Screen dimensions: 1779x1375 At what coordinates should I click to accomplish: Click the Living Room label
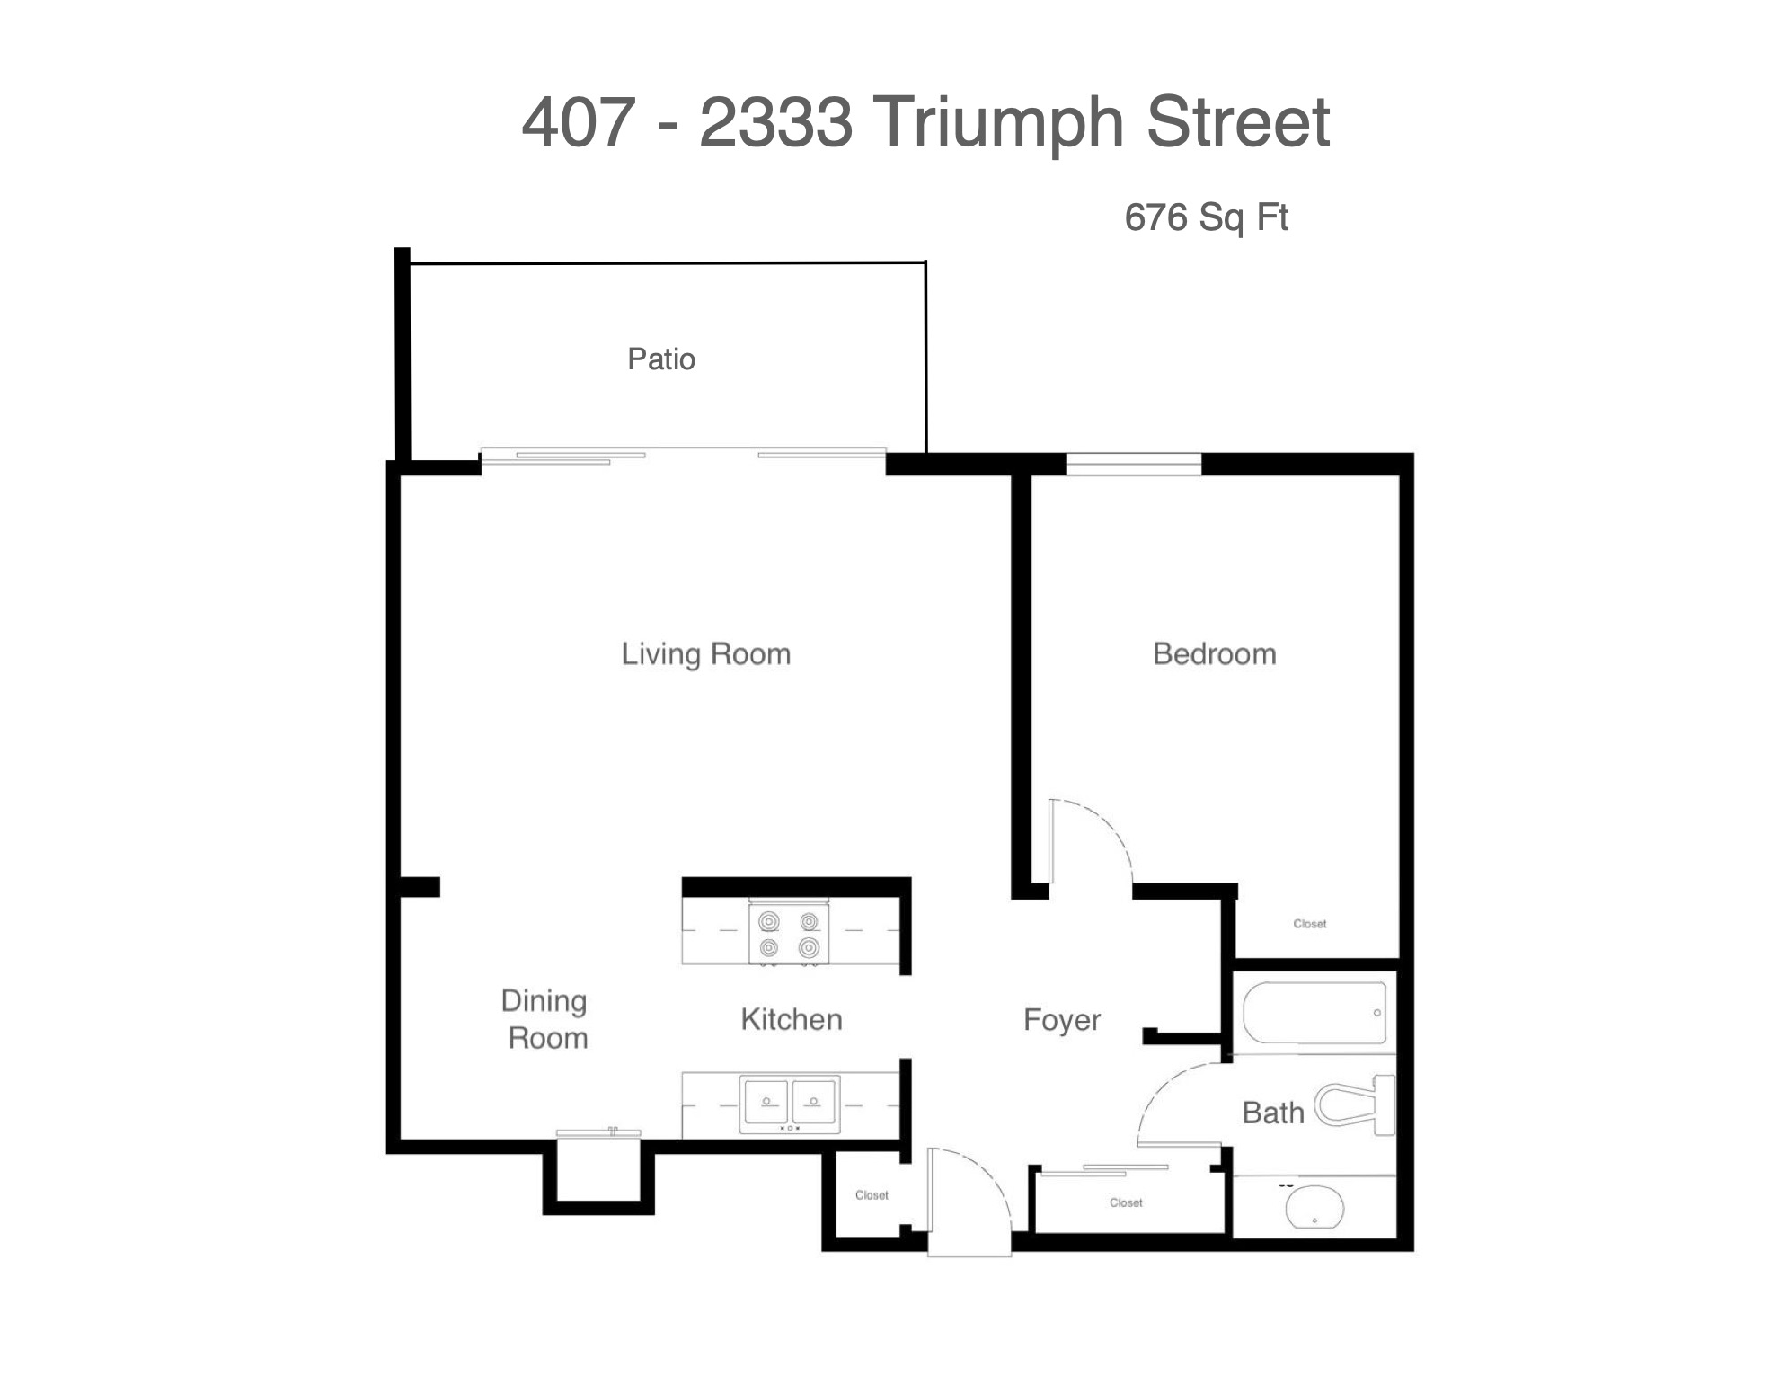(x=706, y=654)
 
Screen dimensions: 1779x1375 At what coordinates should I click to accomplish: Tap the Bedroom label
(x=1214, y=653)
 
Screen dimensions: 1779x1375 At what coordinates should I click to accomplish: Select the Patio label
(x=661, y=359)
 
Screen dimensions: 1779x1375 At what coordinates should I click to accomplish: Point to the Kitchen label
(x=792, y=1019)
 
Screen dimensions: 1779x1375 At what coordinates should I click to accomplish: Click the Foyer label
(x=1062, y=1021)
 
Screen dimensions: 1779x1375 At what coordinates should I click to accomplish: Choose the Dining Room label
(x=545, y=1019)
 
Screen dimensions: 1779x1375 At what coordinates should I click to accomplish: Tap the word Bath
(x=1273, y=1113)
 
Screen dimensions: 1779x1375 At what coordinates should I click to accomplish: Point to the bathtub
(x=1314, y=1012)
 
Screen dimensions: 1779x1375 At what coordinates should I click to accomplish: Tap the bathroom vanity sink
(x=1314, y=1206)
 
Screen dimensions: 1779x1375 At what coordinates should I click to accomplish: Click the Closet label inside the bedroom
(x=1309, y=924)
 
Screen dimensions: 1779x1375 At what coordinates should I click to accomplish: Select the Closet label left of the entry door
(x=872, y=1195)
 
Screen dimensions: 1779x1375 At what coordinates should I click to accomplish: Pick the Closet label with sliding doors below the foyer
(x=1126, y=1202)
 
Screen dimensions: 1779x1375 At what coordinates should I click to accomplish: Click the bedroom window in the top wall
(x=1134, y=464)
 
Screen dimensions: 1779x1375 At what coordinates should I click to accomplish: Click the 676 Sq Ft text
(x=1207, y=217)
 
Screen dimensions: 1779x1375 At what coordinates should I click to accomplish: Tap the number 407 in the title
(x=579, y=122)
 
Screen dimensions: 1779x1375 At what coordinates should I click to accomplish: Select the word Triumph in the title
(x=998, y=124)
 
